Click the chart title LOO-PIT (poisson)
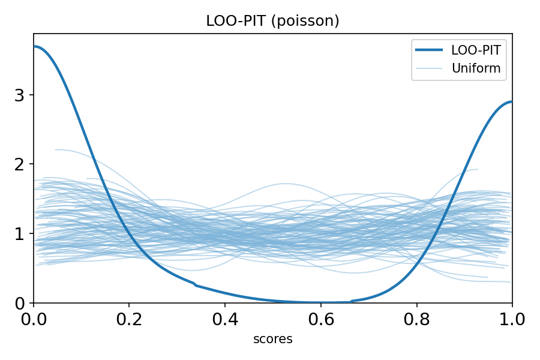click(x=272, y=21)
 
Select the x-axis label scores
click(x=272, y=339)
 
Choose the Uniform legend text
click(x=476, y=68)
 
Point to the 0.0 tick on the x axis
click(x=34, y=319)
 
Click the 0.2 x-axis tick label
click(x=129, y=319)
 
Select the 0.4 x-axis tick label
click(x=225, y=319)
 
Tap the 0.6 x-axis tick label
click(x=320, y=319)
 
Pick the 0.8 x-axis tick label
click(x=416, y=319)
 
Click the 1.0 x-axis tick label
click(x=511, y=319)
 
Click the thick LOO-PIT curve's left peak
click(x=35, y=46)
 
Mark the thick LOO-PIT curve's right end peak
click(x=511, y=102)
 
